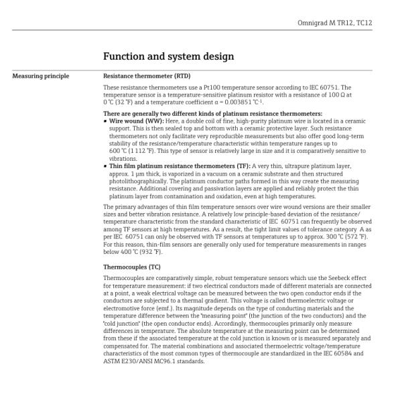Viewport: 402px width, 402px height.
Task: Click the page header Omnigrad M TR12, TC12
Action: [334, 23]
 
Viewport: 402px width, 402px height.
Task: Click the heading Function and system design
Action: [169, 56]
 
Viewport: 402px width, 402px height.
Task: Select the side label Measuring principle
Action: [40, 76]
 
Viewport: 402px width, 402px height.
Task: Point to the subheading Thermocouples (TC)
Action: [132, 267]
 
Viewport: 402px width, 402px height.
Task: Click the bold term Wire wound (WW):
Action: [137, 121]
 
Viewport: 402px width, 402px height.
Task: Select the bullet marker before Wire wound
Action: [105, 121]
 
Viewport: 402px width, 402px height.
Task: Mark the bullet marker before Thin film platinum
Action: [105, 165]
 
